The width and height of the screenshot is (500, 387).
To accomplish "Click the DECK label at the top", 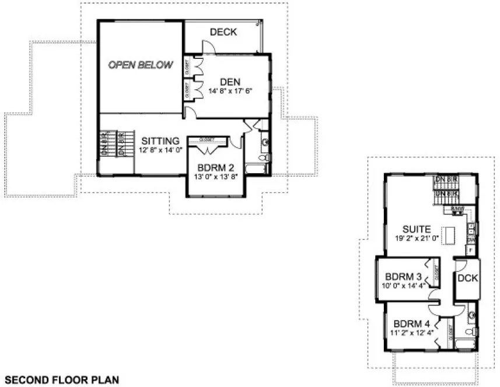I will (x=223, y=32).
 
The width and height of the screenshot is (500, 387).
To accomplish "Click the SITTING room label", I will (x=160, y=141).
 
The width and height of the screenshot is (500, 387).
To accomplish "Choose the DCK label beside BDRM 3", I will (x=467, y=279).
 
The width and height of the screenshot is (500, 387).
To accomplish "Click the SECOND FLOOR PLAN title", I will (x=62, y=379).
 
